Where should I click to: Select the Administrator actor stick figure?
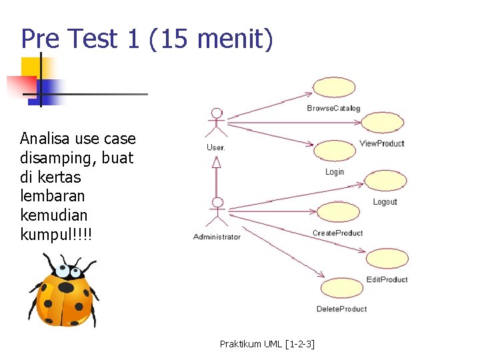point(217,213)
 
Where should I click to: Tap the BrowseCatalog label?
point(333,108)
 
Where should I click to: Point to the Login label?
point(335,172)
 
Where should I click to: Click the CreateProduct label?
point(337,233)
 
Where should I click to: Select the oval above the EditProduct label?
point(387,259)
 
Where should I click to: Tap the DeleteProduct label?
point(341,309)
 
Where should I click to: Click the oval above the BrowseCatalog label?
point(334,87)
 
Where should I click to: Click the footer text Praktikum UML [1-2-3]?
point(267,344)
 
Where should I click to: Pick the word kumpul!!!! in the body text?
point(57,235)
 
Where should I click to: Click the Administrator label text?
point(217,237)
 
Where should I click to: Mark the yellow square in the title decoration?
point(31,67)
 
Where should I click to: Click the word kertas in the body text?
point(59,177)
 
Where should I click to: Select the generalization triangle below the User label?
point(216,161)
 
